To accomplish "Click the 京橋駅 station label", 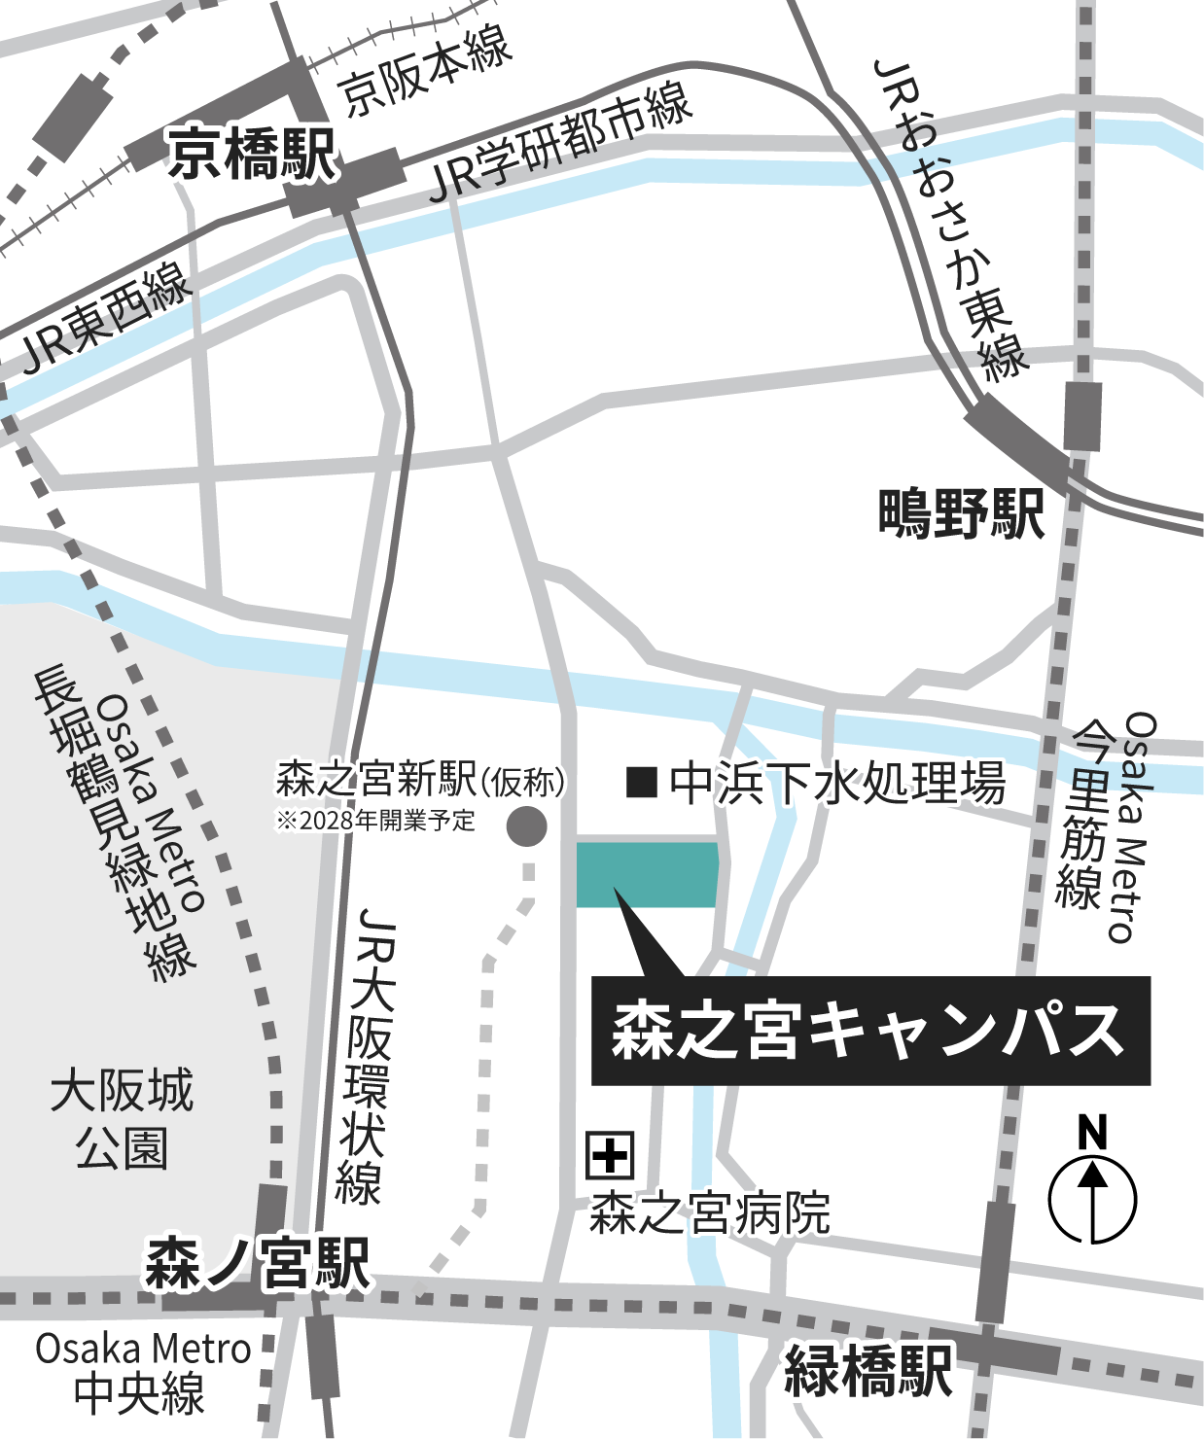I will (x=252, y=155).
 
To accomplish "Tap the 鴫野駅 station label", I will (x=960, y=514).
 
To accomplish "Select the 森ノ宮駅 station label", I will (x=258, y=1263).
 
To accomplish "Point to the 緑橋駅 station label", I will (x=868, y=1370).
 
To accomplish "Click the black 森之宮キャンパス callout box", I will (x=870, y=1031).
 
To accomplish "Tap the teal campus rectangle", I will (x=648, y=874).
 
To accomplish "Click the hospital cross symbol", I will (x=610, y=1155).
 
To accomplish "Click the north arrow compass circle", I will (x=1092, y=1199).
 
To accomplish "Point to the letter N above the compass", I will (x=1093, y=1133).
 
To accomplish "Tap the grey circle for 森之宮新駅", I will (x=527, y=826).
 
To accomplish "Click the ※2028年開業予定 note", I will (x=375, y=821).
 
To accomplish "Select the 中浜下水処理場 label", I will (x=836, y=784).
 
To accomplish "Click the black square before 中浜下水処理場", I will (x=642, y=782).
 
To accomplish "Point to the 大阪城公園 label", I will (x=122, y=1119).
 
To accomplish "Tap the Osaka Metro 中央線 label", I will (x=142, y=1372).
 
